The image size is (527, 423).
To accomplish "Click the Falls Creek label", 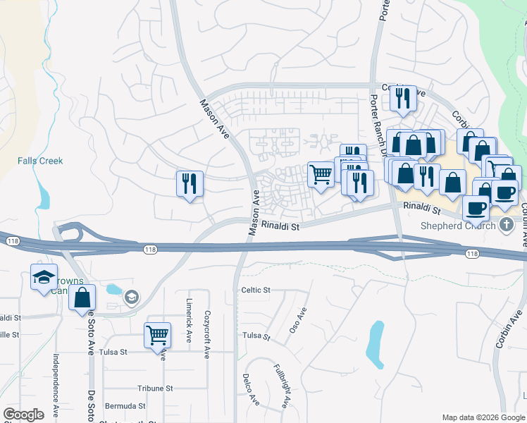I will click(x=40, y=161).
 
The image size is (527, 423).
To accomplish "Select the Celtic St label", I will click(x=256, y=290).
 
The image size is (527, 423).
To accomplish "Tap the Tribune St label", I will click(x=155, y=388).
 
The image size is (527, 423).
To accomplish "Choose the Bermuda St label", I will click(x=125, y=406).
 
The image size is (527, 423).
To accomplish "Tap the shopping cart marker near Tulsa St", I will click(x=157, y=334).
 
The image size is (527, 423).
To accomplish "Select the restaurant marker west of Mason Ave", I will click(x=190, y=183).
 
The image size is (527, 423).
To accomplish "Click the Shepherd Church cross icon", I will click(x=505, y=225).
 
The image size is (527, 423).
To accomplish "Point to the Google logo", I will click(x=23, y=414).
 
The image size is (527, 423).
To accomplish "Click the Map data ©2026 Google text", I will click(x=483, y=417).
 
